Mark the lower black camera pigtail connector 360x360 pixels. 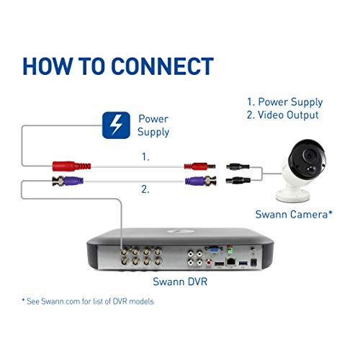click(x=236, y=182)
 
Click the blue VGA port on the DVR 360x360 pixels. click(x=213, y=253)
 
